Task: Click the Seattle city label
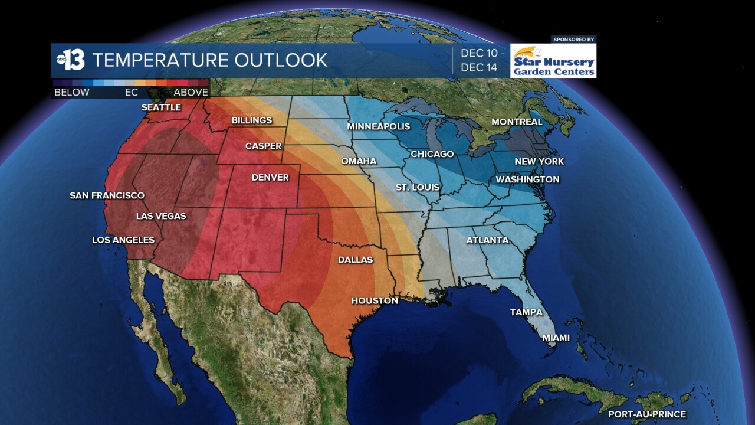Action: [x=161, y=107]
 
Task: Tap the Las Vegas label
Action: [x=161, y=216]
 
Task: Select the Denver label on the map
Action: [x=270, y=177]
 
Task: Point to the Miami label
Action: [x=556, y=338]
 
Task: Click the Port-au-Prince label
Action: [x=647, y=414]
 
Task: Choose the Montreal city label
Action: [x=517, y=122]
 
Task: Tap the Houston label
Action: [x=375, y=300]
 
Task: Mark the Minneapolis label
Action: [x=378, y=126]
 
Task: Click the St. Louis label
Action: [x=417, y=187]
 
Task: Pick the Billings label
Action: [x=252, y=120]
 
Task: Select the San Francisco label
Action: [x=107, y=195]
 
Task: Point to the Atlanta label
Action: [x=487, y=240]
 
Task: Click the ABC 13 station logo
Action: [x=70, y=60]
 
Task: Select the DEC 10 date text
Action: [x=482, y=53]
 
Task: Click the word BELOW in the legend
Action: [x=72, y=92]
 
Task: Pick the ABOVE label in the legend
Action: [x=191, y=92]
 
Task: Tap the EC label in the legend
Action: [x=131, y=92]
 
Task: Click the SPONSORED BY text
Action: [x=573, y=40]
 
